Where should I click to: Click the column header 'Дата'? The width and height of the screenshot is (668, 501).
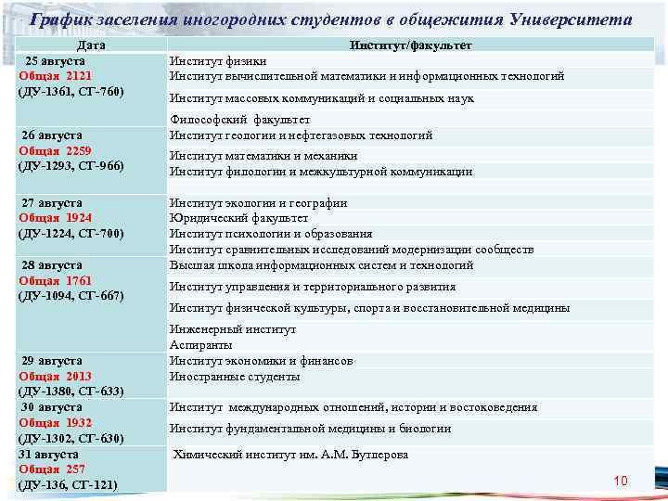90,45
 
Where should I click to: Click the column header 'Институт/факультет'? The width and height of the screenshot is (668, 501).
411,45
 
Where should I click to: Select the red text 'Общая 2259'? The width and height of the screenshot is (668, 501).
56,150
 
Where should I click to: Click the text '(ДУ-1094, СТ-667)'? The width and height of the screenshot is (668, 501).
71,296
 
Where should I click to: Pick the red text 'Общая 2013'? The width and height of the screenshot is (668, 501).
56,376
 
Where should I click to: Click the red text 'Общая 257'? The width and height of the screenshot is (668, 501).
52,469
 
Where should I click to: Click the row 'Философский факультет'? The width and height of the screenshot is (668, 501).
239,120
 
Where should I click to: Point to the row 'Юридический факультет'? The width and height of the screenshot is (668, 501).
238,218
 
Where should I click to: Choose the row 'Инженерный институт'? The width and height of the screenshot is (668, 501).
233,328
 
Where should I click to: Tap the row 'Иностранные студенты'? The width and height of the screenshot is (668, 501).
235,377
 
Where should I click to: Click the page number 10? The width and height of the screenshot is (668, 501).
621,480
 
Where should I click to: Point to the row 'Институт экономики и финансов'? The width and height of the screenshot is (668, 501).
261,361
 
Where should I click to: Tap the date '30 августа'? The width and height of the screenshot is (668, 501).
52,406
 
